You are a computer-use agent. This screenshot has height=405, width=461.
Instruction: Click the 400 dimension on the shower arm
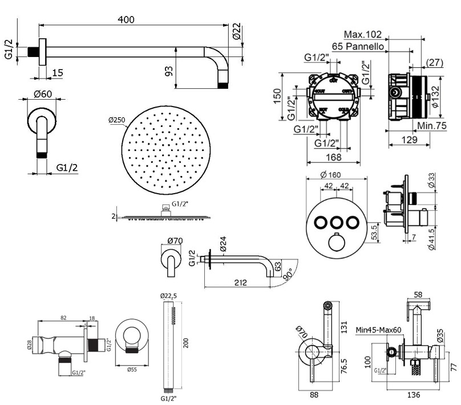pos(126,19)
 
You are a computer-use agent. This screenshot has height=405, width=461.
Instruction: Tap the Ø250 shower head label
pos(116,120)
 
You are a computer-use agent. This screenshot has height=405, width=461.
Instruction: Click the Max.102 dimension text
pos(363,35)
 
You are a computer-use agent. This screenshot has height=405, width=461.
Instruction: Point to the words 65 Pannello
pos(358,46)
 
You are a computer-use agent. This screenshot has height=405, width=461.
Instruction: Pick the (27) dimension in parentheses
pos(435,62)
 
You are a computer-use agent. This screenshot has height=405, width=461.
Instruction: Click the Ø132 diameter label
pos(435,97)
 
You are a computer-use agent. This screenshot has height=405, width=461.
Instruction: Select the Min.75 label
pos(432,126)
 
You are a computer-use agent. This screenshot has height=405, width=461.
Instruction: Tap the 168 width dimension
pos(334,157)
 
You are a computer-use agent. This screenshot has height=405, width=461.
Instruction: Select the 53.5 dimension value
pos(374,232)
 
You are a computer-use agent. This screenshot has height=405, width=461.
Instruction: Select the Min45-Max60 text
pos(379,329)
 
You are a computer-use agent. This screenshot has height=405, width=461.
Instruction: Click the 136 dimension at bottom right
pos(414,394)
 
